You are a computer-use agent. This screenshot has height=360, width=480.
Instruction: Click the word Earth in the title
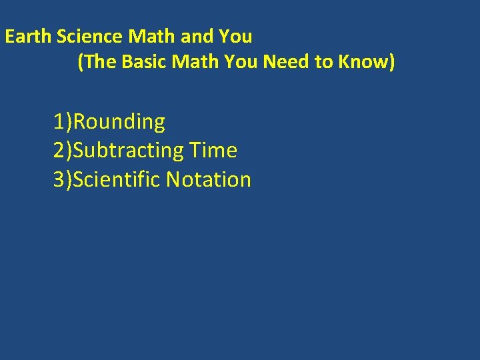point(29,36)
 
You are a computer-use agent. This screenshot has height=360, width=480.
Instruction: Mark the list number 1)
point(63,122)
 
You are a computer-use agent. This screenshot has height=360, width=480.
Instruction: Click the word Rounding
point(119,122)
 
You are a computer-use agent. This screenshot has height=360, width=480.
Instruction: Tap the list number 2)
point(63,151)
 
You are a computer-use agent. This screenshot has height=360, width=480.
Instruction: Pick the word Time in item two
point(213,151)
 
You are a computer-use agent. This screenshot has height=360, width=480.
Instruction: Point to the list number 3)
point(63,179)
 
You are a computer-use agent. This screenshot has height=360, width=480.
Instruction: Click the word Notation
point(209,179)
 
